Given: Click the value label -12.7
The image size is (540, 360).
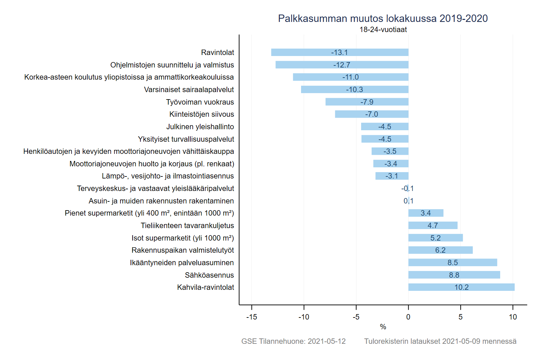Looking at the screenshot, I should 342,65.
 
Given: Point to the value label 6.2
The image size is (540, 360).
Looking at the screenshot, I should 440,250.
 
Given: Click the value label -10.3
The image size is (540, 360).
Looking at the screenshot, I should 354,89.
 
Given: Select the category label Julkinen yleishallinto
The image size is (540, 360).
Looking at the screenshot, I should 200,127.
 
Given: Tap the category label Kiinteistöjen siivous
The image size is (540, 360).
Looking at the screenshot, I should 201,114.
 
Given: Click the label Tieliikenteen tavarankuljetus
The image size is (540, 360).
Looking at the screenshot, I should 187,225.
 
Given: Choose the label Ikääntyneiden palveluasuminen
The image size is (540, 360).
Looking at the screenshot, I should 182,262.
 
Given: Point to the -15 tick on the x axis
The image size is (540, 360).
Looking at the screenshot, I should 252,317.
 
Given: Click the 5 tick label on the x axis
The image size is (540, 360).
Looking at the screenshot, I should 460,317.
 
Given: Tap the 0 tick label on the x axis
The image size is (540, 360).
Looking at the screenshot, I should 408,317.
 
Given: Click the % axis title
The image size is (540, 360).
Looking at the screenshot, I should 383,327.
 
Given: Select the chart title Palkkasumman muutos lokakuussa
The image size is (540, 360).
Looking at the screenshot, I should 383,18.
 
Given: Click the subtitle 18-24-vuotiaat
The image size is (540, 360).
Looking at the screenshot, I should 383,30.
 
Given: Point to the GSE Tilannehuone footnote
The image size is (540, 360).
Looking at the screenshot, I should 293,341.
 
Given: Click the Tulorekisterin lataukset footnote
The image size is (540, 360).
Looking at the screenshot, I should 440,341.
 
